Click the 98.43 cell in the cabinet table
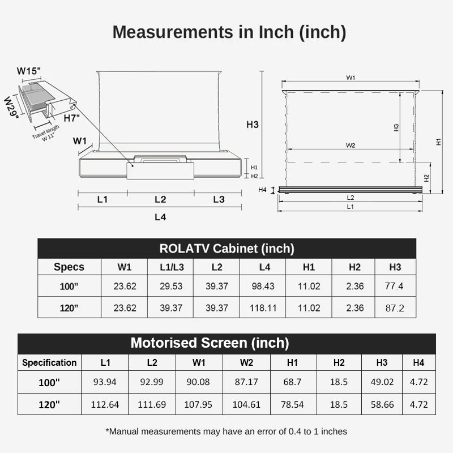pyautogui.click(x=263, y=286)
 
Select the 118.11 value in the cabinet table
pyautogui.click(x=263, y=308)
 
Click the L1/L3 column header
pyautogui.click(x=170, y=267)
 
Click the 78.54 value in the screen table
pyautogui.click(x=292, y=404)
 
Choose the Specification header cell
pyautogui.click(x=49, y=362)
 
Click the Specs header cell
pyautogui.click(x=69, y=267)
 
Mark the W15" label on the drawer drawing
pyautogui.click(x=28, y=71)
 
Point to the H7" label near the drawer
pyautogui.click(x=71, y=118)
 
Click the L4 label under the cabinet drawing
pyautogui.click(x=160, y=216)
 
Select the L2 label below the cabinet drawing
pyautogui.click(x=160, y=199)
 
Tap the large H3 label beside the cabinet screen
pyautogui.click(x=252, y=125)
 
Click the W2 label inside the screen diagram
pyautogui.click(x=351, y=146)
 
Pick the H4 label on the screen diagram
pyautogui.click(x=262, y=190)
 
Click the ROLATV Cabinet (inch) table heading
pyautogui.click(x=226, y=248)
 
